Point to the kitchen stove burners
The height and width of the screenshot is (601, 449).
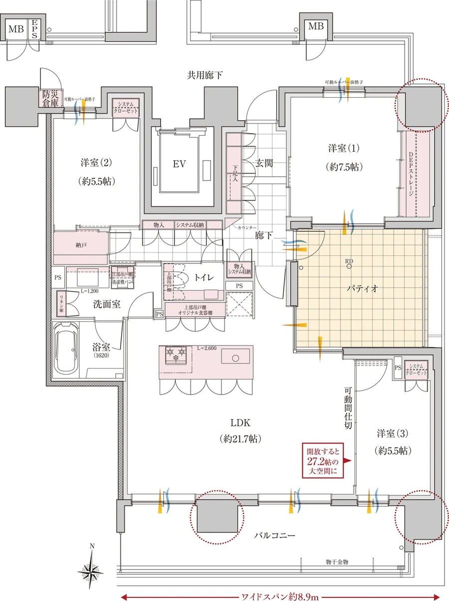[176, 355]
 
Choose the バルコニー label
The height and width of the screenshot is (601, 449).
[275, 536]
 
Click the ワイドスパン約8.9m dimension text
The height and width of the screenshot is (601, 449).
[280, 596]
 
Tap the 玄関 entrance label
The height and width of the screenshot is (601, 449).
[264, 163]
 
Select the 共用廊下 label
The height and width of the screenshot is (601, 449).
[205, 75]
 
